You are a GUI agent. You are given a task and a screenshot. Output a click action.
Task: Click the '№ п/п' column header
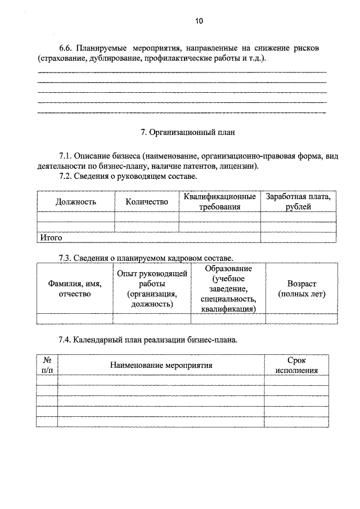coord(47,365)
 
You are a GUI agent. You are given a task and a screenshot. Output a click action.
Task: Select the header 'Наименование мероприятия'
coord(161,365)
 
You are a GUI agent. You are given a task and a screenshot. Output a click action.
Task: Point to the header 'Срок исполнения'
coord(296,365)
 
